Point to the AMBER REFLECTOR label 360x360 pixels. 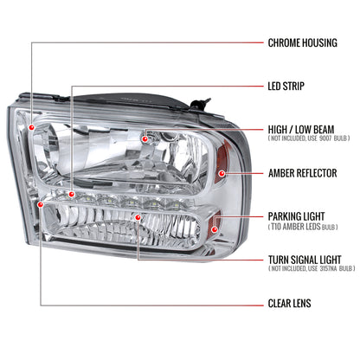(302, 173)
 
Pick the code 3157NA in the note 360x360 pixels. (328, 269)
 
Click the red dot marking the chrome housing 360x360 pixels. (32, 127)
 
